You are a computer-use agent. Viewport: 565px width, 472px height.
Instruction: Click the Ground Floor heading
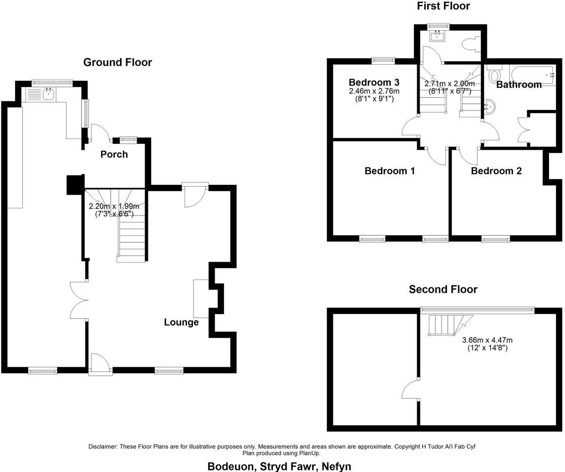(117, 62)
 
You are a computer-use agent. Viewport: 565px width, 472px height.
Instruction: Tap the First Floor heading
(443, 6)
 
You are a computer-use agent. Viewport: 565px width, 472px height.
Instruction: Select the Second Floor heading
(443, 290)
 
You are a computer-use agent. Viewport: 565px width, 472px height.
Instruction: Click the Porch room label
(114, 154)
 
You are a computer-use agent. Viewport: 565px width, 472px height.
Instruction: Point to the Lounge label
(181, 323)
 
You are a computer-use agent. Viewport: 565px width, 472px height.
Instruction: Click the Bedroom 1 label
(389, 171)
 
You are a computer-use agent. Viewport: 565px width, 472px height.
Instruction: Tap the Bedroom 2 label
(496, 171)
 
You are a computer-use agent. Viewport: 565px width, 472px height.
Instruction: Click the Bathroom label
(519, 85)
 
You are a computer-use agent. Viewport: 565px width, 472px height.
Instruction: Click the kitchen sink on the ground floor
(48, 94)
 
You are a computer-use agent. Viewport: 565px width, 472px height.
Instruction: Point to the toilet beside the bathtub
(494, 75)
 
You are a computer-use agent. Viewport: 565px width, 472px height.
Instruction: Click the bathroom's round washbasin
(491, 107)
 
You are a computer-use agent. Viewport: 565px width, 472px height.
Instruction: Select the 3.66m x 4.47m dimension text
(487, 340)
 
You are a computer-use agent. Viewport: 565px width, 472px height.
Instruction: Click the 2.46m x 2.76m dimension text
(374, 91)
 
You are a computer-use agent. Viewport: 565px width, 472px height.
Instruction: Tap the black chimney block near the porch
(75, 184)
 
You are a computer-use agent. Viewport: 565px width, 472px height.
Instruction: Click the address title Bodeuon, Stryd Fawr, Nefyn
(279, 466)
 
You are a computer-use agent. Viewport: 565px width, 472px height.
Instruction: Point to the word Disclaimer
(103, 447)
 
